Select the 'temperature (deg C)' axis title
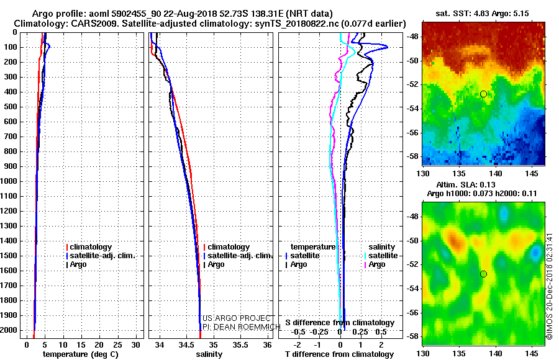click(80, 354)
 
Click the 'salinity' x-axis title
click(209, 354)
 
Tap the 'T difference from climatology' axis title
click(339, 354)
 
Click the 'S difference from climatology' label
click(340, 323)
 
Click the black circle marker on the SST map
click(483, 94)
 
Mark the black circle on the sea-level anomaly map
click(483, 274)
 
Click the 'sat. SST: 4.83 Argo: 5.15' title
click(483, 13)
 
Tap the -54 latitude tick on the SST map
click(412, 109)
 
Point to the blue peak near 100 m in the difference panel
click(387, 47)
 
